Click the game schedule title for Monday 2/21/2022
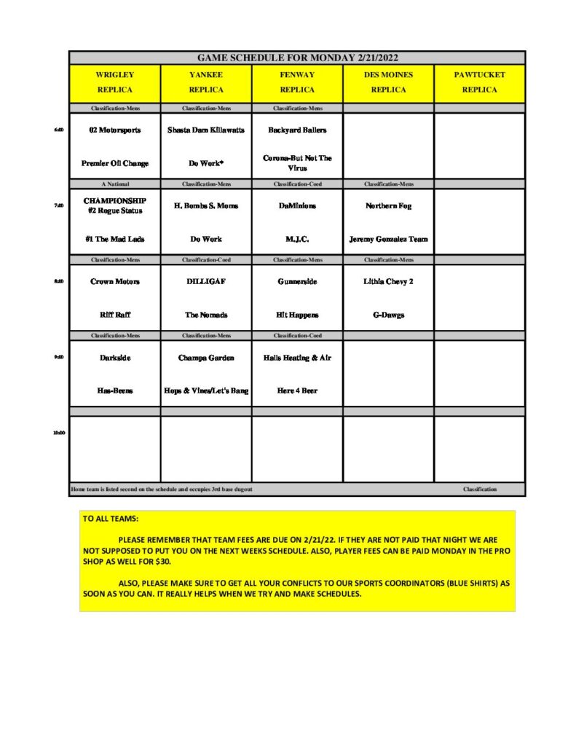297,58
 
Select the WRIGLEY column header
115,75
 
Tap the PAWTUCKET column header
479,75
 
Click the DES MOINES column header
388,75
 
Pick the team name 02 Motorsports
115,130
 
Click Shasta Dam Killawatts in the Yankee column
206,130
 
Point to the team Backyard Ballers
297,130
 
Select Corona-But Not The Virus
297,162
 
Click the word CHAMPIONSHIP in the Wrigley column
115,200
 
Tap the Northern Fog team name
388,206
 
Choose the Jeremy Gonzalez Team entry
388,239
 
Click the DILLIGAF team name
206,282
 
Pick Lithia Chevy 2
388,282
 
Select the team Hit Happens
297,315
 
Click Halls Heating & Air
297,358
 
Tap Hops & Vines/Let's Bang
206,390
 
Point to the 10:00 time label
58,433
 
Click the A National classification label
115,184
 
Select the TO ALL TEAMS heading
111,519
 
